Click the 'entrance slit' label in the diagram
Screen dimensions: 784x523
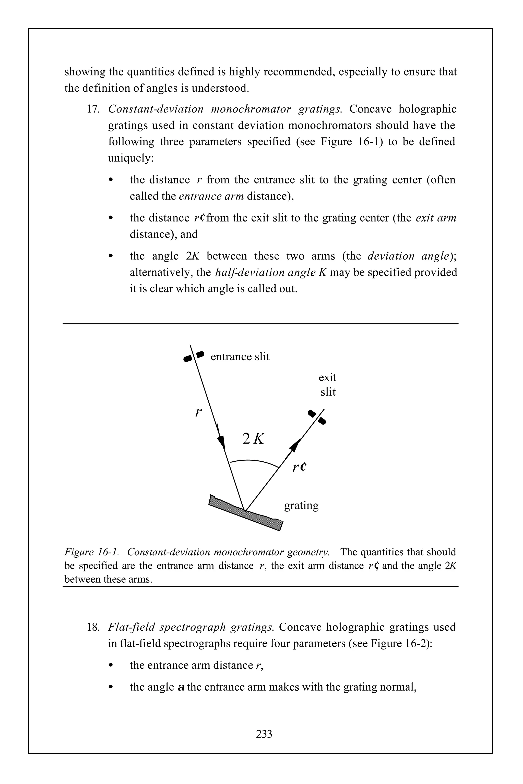[x=240, y=357]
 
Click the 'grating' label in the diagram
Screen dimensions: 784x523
[x=301, y=505]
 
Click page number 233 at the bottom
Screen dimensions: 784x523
[x=264, y=734]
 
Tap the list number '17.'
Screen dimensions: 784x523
[x=94, y=109]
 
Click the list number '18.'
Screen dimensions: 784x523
[x=94, y=627]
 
